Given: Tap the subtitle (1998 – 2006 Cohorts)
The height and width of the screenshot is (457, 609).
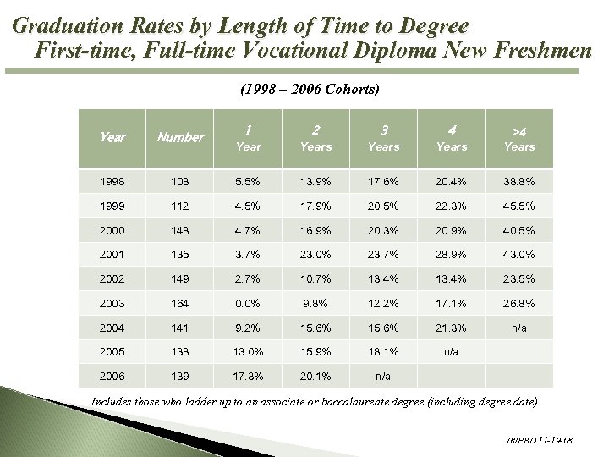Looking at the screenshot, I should click(x=310, y=89).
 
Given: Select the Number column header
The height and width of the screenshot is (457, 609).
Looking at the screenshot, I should click(x=181, y=137).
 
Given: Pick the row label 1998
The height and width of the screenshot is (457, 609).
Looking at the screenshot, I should click(x=112, y=180).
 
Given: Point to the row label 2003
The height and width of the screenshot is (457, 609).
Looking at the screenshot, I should click(x=112, y=303).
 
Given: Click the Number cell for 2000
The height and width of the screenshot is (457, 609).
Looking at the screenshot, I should click(x=181, y=229).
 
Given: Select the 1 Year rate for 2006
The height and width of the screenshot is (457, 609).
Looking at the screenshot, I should click(x=248, y=377).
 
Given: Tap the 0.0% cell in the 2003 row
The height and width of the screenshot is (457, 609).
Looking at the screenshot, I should click(x=248, y=303).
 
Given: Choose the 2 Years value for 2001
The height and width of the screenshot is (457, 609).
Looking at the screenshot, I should click(x=315, y=254).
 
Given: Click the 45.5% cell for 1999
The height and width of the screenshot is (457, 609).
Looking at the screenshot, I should click(x=519, y=205).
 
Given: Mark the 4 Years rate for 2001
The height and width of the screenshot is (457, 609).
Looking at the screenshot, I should click(x=452, y=254).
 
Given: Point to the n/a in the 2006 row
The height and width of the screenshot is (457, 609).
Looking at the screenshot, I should click(x=383, y=377).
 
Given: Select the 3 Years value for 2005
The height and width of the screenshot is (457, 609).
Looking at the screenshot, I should click(x=383, y=352).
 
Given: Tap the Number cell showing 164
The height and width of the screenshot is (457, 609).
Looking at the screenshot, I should click(x=181, y=303).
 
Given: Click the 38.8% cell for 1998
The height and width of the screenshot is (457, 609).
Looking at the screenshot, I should click(x=519, y=180).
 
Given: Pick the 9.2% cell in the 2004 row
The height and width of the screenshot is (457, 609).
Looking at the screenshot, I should click(x=248, y=328).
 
